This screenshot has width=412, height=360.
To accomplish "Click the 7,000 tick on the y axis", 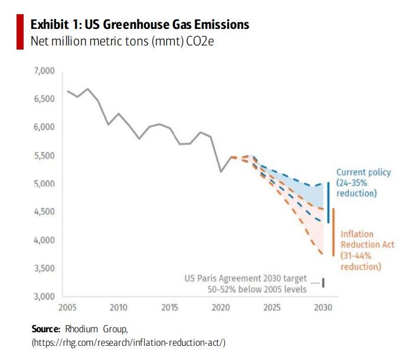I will pos(44,71).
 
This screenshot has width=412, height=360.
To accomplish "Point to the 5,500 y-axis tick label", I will pos(44,156).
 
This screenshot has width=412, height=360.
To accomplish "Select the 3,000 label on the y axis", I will pos(44,296).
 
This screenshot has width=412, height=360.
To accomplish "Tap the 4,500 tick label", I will pos(44,212).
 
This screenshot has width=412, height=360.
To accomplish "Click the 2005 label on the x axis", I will pos(67,307).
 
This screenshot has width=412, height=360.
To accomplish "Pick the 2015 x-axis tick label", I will pos(169,307).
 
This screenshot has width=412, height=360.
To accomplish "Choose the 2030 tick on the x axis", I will pos(322,307).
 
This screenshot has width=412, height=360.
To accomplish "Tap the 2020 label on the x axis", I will pos(220,307).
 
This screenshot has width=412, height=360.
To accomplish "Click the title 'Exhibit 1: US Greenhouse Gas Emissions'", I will pos(139,24).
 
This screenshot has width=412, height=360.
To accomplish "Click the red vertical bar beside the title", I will pos(19,32).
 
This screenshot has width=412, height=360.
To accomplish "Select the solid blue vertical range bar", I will pos(328,202).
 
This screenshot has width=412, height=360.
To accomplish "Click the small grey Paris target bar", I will pos(323,283).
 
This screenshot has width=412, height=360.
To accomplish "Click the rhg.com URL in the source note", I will pos(129,342).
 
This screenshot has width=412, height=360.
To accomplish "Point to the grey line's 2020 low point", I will pos(221,172).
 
